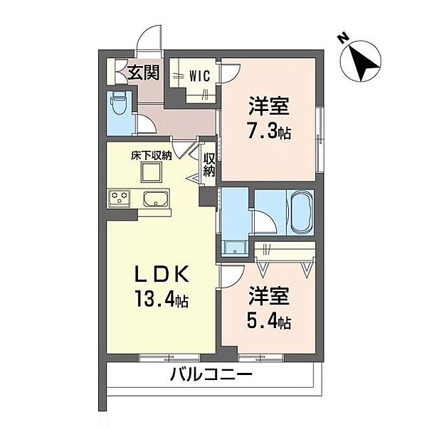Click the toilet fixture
click(x=120, y=109)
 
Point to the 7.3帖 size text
click(x=269, y=132)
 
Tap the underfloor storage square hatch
click(x=150, y=172)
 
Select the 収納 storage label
click(x=209, y=164)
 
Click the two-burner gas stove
click(x=119, y=197)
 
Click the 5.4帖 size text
click(x=269, y=322)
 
